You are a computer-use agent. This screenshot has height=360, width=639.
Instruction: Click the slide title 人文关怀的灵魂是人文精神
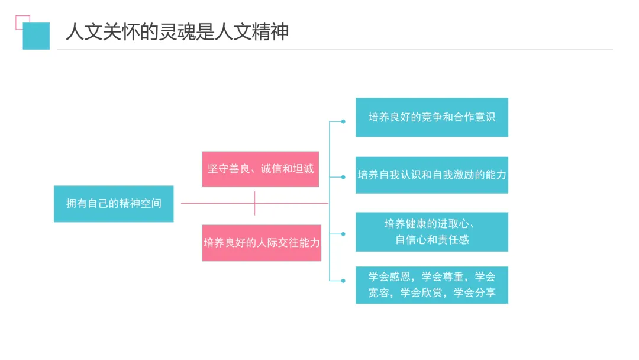pos(177,32)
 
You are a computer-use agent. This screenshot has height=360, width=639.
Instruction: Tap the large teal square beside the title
pos(36,36)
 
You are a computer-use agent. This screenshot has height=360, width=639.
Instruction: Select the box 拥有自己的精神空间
pos(114,204)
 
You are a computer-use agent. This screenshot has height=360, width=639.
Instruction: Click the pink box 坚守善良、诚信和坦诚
pos(260,169)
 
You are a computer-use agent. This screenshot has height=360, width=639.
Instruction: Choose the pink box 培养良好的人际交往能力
pos(262,243)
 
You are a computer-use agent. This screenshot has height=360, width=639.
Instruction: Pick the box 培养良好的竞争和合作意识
pos(432,117)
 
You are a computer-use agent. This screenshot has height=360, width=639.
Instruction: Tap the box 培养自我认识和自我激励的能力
pos(432,175)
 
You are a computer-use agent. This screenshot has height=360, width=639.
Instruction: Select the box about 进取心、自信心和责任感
pos(432,232)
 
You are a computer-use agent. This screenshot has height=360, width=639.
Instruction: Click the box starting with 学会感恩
pos(432,285)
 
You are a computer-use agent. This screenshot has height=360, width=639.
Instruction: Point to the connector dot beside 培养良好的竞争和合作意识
pos(343,121)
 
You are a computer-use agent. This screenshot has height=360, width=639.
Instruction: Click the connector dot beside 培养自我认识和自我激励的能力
pos(343,177)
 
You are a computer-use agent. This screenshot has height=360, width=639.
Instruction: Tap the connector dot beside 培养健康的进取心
pos(343,234)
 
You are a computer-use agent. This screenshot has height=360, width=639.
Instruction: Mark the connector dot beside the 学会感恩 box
pos(343,281)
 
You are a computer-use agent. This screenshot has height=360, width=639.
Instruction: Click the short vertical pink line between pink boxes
pos(254,203)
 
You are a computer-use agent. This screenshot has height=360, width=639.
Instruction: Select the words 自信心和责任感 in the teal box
pos(432,240)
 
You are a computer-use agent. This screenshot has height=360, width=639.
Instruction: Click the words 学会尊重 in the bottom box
pos(443,277)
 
